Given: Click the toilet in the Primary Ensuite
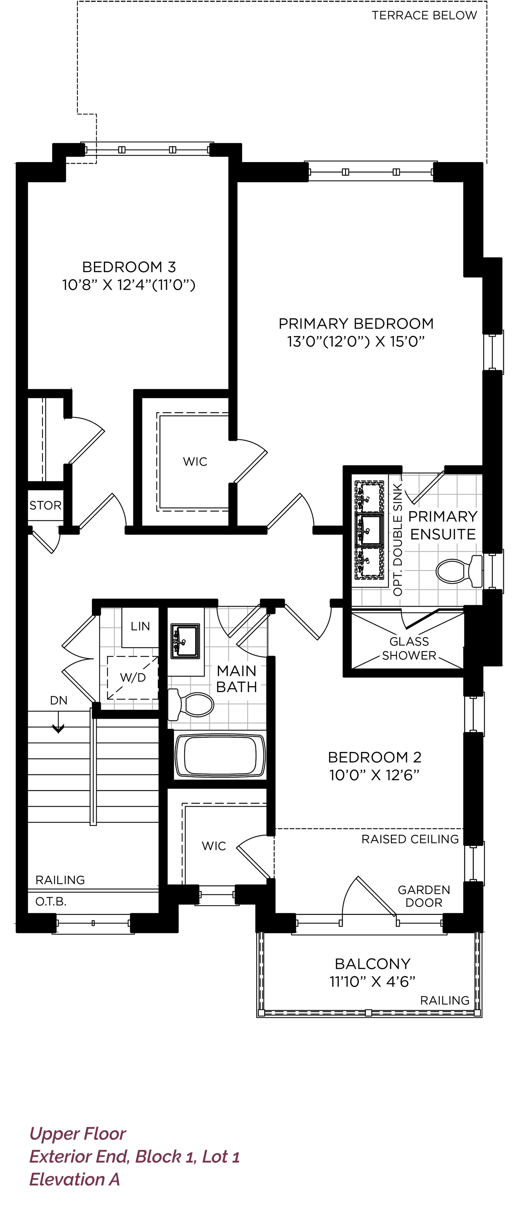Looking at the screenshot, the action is click(459, 571).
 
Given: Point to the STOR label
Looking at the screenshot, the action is click(45, 505).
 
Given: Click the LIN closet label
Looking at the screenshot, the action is click(140, 626).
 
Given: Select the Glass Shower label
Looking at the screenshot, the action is click(409, 648).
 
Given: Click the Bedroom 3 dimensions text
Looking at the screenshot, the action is click(129, 285).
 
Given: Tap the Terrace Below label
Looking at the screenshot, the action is click(424, 15).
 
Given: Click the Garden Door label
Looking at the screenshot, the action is click(424, 896).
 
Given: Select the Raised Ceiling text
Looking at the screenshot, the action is click(410, 839).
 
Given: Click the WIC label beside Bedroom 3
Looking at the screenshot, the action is click(195, 462).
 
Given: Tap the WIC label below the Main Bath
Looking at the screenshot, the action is click(214, 846).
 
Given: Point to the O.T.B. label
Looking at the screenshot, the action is click(51, 901).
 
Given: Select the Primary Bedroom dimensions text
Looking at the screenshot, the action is click(356, 341).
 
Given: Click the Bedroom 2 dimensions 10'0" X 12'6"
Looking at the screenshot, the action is click(374, 775).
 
